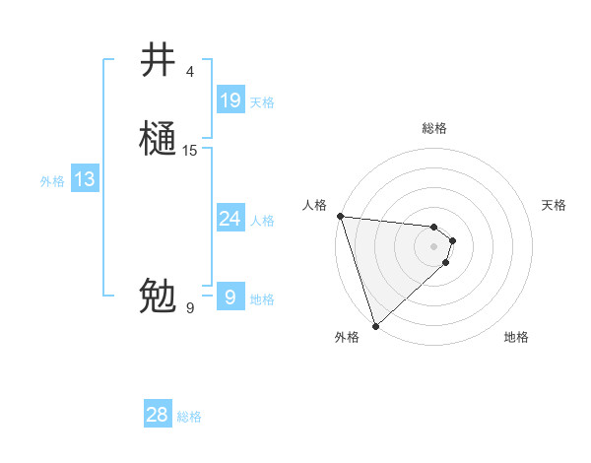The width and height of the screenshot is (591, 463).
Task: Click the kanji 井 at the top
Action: click(x=158, y=61)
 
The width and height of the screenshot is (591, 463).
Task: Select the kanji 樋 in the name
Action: click(x=158, y=139)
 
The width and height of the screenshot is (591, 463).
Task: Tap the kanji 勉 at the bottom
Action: click(x=158, y=296)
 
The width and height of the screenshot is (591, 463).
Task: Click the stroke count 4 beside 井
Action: click(x=189, y=72)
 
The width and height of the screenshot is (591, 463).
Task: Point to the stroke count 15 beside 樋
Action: click(x=190, y=150)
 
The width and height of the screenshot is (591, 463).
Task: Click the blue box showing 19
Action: click(x=230, y=99)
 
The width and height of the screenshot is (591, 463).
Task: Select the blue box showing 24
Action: click(x=230, y=219)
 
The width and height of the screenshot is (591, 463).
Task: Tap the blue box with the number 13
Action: click(x=85, y=179)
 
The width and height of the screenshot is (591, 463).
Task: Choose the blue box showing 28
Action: click(x=158, y=415)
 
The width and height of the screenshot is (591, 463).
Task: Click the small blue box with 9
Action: click(x=230, y=297)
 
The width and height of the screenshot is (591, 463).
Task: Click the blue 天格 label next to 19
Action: click(x=262, y=102)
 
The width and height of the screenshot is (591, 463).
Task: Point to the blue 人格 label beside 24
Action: click(x=262, y=221)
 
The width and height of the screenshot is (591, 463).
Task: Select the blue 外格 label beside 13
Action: click(x=52, y=181)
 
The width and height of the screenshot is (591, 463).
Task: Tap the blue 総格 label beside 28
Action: click(x=189, y=417)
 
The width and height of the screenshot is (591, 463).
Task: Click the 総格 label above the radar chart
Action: click(x=434, y=128)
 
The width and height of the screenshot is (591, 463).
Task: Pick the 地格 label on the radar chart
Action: click(x=516, y=337)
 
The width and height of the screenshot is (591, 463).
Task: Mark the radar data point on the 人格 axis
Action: click(x=340, y=216)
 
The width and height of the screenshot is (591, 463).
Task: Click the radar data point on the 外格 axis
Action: click(x=375, y=325)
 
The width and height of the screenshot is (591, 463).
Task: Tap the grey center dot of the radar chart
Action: click(x=434, y=246)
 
